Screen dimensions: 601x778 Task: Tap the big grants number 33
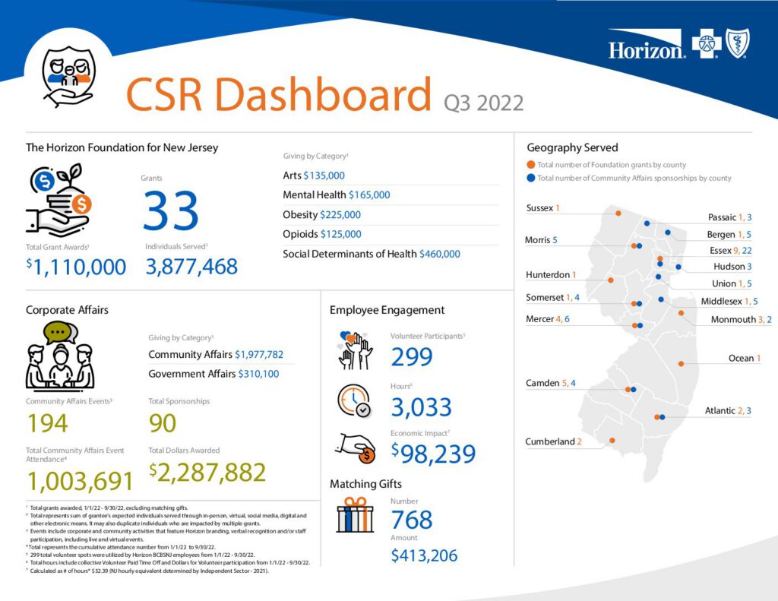[171, 210]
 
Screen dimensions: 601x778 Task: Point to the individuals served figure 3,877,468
[191, 267]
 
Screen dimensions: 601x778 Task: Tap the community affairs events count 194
[47, 423]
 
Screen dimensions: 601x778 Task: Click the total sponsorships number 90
[163, 423]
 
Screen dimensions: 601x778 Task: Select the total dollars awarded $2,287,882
[207, 472]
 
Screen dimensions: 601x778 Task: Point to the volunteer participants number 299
[412, 356]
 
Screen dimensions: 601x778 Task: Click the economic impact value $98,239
[433, 453]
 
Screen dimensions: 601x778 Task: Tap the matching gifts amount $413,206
[424, 555]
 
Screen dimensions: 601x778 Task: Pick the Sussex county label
[542, 208]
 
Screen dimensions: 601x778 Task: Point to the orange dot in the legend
[530, 164]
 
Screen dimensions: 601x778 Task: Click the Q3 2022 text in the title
[483, 102]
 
